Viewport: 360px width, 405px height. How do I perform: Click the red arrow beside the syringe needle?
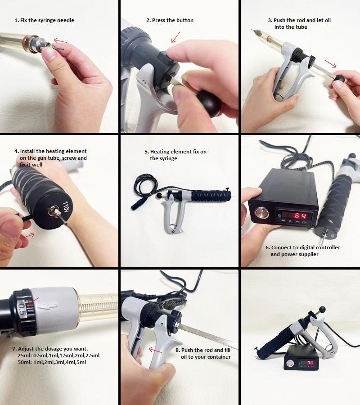[60, 41]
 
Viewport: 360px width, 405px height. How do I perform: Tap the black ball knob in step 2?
[209, 103]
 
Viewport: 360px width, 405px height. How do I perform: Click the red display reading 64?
[300, 216]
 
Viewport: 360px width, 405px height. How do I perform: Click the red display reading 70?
[310, 363]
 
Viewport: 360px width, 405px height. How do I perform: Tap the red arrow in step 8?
[155, 350]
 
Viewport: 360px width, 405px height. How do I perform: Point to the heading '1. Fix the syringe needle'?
[44, 20]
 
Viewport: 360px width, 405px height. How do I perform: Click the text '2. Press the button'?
[170, 20]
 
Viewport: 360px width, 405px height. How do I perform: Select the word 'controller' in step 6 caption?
[328, 247]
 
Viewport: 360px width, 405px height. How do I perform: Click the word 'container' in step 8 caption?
[219, 357]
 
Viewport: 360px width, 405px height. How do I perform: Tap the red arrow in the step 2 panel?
[175, 37]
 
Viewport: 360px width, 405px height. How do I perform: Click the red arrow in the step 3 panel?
[331, 64]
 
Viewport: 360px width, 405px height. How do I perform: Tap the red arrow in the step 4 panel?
[27, 235]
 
